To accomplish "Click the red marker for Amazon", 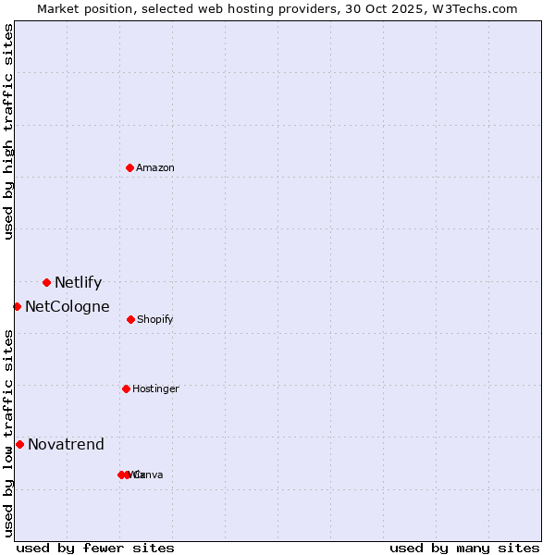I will coord(130,167).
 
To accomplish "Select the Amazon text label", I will coord(154,168).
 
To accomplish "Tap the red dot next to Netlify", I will coord(46,282).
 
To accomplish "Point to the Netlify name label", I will coord(78,283).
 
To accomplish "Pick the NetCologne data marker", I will coord(17,306).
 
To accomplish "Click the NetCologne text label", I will coord(67,307).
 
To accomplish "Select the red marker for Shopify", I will coord(130,319).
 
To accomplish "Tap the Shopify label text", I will coord(154,320).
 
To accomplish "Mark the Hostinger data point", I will coord(126,388).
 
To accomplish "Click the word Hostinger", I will coord(155,389).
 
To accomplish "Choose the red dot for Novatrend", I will coord(19,444).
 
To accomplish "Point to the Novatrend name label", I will coord(66,445).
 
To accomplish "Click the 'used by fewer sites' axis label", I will coord(95,548).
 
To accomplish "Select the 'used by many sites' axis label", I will coord(464,548).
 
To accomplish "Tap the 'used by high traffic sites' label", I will coord(8,131).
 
